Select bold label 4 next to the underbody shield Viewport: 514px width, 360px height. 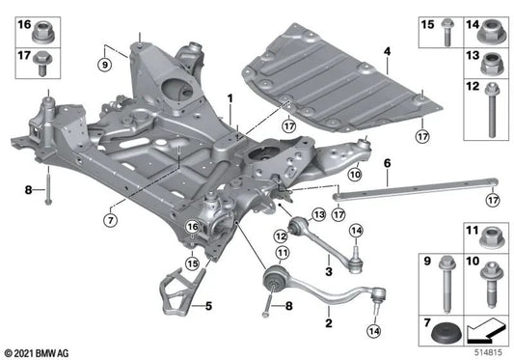pos(386,50)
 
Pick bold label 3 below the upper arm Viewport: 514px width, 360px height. pos(329,273)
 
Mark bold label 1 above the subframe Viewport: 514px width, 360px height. pos(230,98)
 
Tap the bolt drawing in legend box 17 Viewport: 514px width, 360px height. pos(41,66)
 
